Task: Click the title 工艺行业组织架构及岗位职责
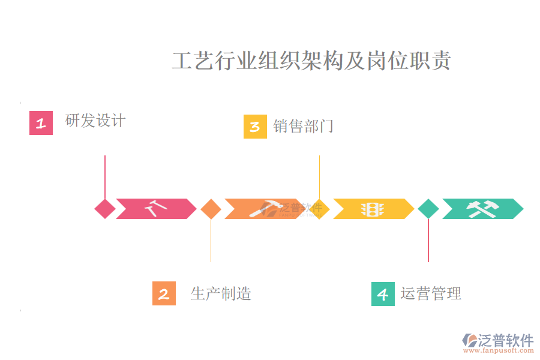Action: pos(311,61)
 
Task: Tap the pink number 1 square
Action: pos(41,124)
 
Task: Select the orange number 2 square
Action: pos(164,293)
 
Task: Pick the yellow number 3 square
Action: pos(255,127)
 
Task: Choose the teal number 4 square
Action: pos(383,293)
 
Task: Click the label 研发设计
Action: pos(95,121)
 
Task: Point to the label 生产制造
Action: pos(221,293)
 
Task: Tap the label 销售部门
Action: pos(303,127)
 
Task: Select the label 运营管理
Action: pos(431,293)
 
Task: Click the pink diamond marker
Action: pos(105,209)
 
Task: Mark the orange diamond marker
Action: pos(211,209)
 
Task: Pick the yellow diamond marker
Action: pos(320,209)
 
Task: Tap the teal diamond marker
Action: pos(428,209)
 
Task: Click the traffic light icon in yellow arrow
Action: pos(372,209)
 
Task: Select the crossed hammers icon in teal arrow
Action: pos(482,209)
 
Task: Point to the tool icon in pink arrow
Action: pos(155,209)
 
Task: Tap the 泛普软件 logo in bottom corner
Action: pos(498,341)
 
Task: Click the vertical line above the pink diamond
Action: pos(105,176)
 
